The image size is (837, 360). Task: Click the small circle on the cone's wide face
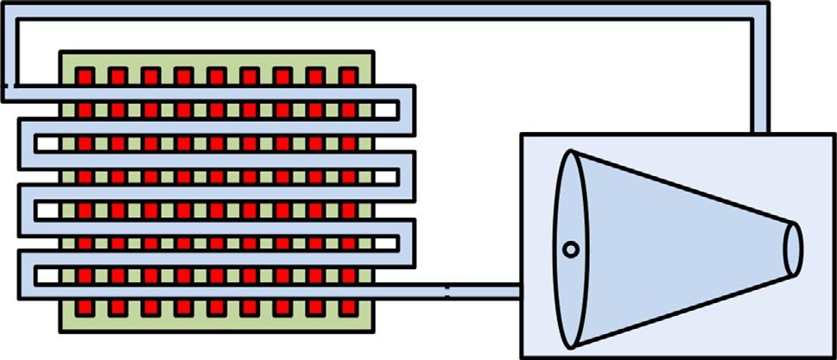pyautogui.click(x=570, y=250)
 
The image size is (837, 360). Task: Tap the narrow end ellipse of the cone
pyautogui.click(x=793, y=247)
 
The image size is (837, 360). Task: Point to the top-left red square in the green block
pyautogui.click(x=84, y=77)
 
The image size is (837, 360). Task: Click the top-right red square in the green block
pyautogui.click(x=348, y=77)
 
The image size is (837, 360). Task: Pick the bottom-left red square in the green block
pyautogui.click(x=84, y=308)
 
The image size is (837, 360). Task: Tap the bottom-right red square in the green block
pyautogui.click(x=348, y=308)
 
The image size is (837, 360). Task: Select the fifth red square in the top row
pyautogui.click(x=216, y=77)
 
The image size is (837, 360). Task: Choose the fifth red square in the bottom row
pyautogui.click(x=216, y=308)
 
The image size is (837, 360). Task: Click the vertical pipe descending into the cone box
pyautogui.click(x=759, y=78)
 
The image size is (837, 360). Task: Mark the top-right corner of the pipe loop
pyautogui.click(x=759, y=15)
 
